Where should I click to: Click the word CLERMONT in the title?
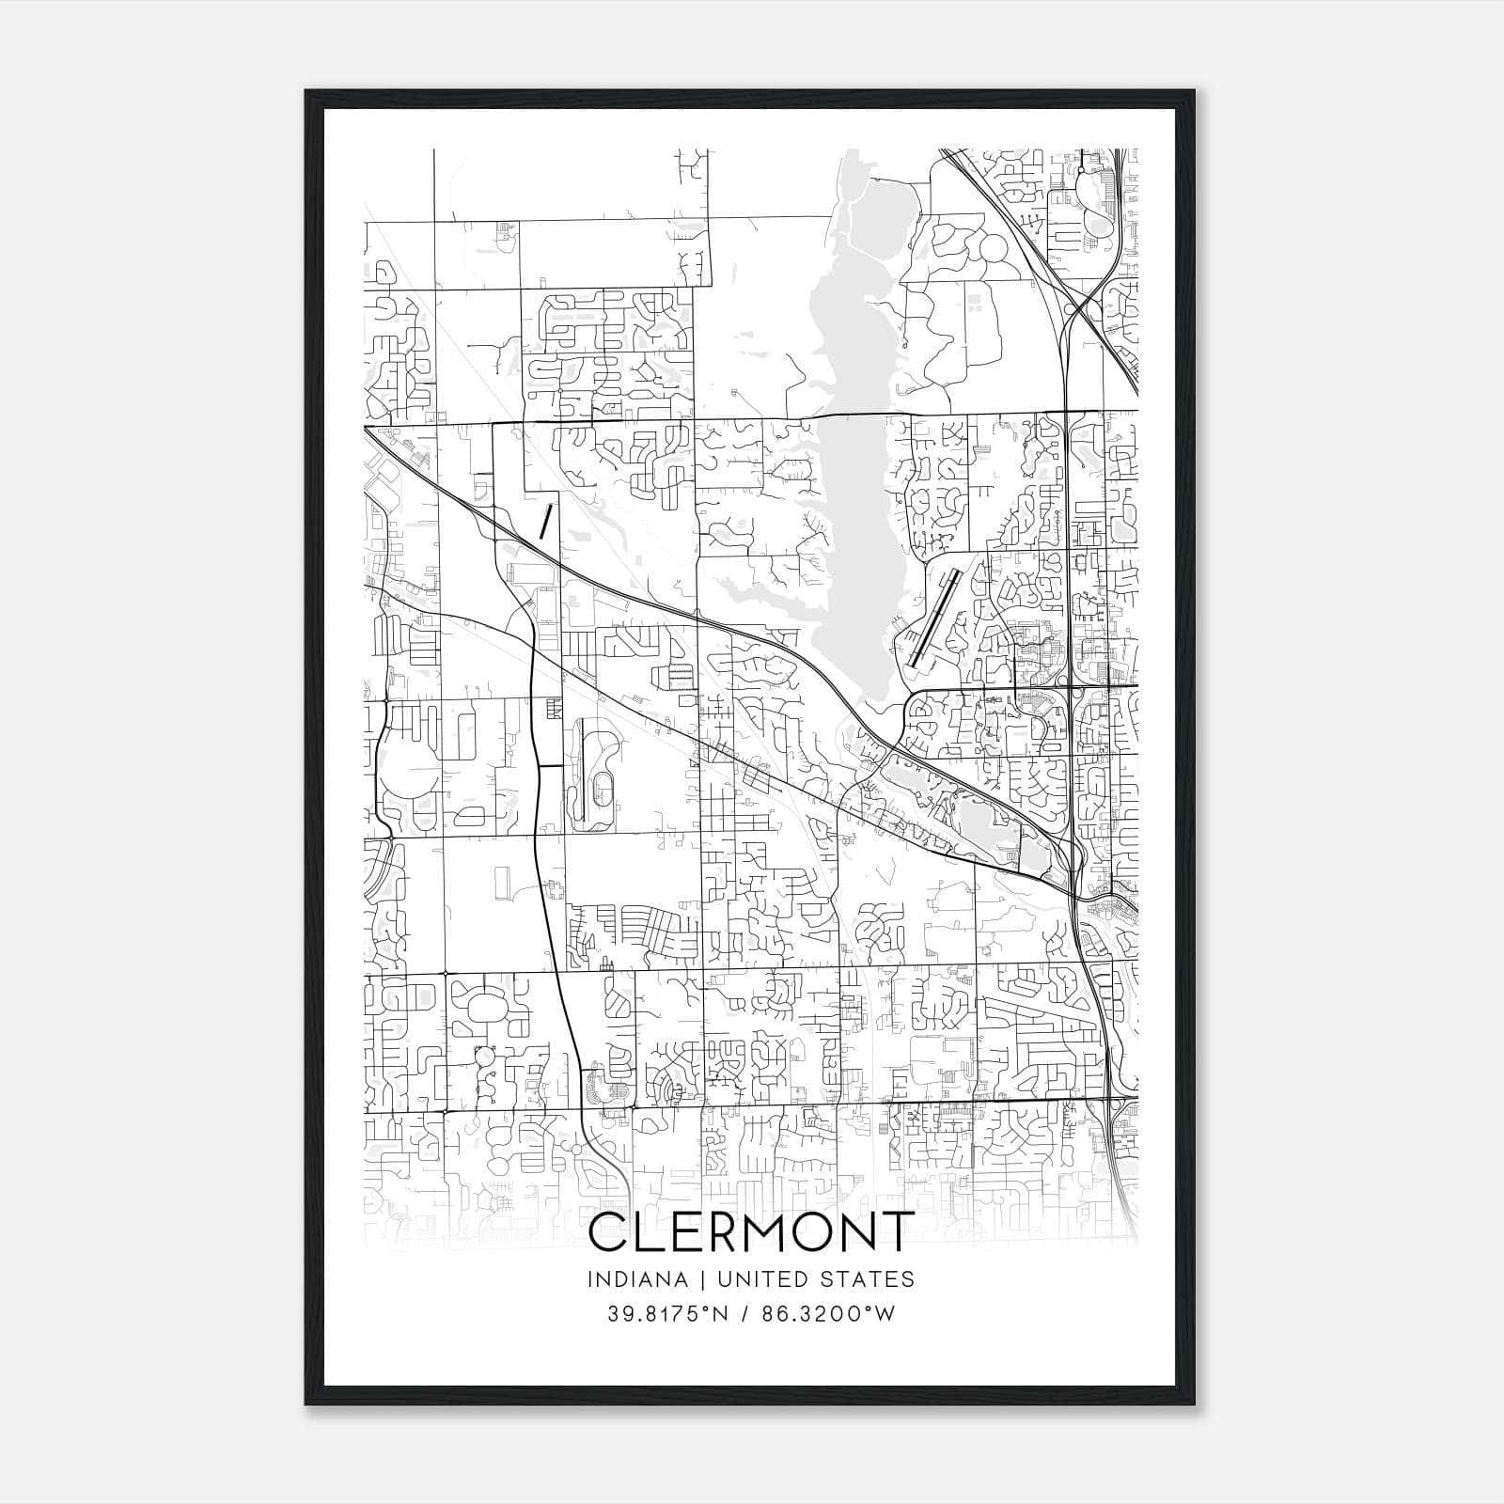point(750,1232)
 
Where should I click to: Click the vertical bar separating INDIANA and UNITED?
point(691,1279)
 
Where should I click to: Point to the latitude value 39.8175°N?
point(668,1314)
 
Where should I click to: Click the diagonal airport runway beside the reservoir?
point(932,619)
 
